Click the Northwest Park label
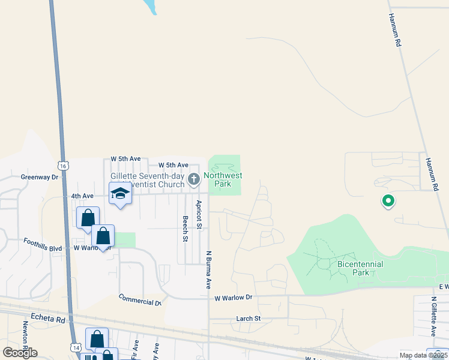click(x=223, y=179)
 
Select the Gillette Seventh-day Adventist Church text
click(x=147, y=180)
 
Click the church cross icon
click(x=194, y=179)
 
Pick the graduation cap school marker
click(x=120, y=194)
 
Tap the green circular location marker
click(x=388, y=201)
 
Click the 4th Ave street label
click(x=82, y=196)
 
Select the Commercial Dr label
click(x=140, y=299)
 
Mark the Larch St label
click(x=249, y=318)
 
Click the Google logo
click(x=20, y=353)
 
